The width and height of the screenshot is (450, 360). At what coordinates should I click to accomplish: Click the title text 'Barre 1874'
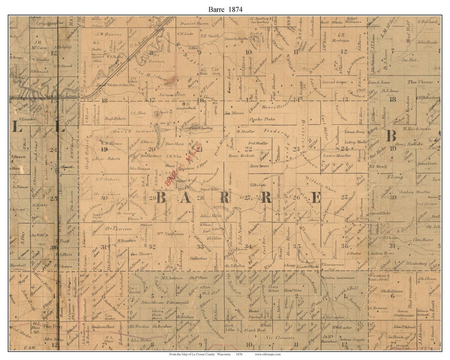tap(225, 9)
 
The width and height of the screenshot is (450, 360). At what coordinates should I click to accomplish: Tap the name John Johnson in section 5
tap(152, 302)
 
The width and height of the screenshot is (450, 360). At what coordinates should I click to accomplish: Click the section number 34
tap(248, 246)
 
